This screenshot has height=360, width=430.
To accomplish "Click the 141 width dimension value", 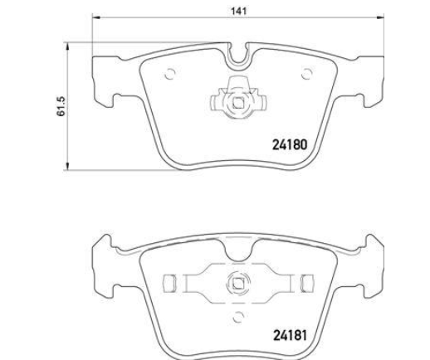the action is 238,11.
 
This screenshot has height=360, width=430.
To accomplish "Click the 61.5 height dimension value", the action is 61,106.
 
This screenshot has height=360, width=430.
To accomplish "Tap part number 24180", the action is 290,144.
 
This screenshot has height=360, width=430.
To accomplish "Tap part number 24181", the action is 290,335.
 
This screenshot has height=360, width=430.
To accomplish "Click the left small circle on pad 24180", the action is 170,74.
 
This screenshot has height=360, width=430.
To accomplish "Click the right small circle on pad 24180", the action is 306,74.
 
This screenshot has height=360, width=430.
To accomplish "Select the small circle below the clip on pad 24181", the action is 237,317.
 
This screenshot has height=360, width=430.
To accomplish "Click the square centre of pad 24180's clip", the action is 238,103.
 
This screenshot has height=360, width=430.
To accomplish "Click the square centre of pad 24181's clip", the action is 238,283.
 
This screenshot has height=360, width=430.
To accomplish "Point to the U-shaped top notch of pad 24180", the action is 238,56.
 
